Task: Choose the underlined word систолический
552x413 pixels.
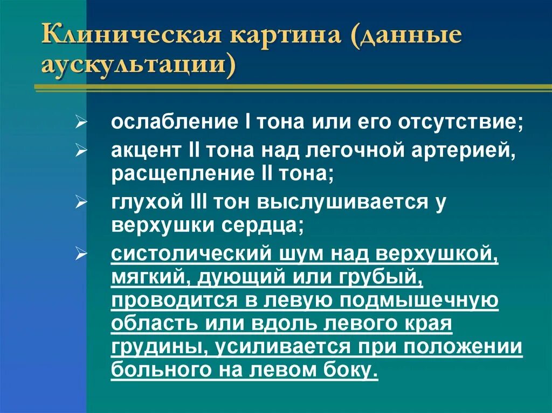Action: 190,254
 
